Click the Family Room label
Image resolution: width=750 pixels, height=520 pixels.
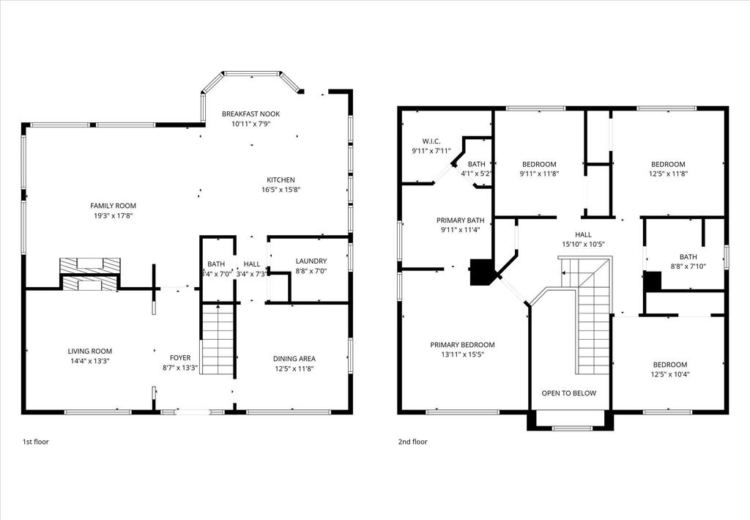tap(113, 206)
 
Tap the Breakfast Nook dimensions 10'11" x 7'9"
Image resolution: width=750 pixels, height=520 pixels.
tap(250, 124)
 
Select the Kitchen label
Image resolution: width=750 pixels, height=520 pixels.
tap(281, 180)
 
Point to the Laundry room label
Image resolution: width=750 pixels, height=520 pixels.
tap(311, 261)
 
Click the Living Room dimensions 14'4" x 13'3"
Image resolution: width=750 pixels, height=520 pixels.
tap(90, 361)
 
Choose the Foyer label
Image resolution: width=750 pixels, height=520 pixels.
tap(180, 358)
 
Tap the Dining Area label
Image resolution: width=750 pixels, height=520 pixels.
tap(294, 359)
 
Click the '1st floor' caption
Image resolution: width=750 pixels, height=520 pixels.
tap(36, 442)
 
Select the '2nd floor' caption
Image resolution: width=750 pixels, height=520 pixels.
tap(413, 442)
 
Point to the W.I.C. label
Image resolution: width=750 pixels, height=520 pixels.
tap(431, 141)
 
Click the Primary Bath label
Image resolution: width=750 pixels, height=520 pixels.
tap(460, 220)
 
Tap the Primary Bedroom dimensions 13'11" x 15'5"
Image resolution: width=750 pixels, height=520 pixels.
tap(462, 355)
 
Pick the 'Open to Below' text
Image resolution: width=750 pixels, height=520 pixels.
tap(568, 393)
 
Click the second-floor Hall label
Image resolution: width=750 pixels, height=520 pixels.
tap(583, 234)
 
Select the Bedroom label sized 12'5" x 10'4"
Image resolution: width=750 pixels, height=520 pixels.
tap(669, 365)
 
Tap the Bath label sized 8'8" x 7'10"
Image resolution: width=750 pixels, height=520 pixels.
tap(688, 257)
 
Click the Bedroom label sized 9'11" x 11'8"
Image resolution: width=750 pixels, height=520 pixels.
tap(539, 164)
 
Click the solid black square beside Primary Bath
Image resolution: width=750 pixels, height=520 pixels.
tap(481, 272)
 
